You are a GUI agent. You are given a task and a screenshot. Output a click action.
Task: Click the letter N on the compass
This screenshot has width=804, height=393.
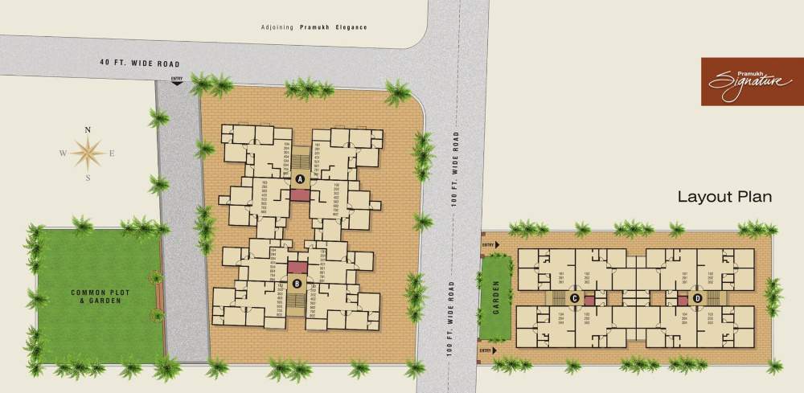88,129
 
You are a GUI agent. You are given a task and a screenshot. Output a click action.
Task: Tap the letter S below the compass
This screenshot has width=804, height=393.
88,178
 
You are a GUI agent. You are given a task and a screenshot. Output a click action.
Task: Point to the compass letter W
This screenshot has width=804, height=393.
61,153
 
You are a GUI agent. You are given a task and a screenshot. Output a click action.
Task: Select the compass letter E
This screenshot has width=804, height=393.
113,153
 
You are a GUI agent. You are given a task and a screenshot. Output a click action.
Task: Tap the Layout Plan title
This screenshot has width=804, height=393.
724,196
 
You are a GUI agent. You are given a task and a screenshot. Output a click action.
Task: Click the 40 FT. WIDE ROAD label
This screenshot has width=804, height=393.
139,63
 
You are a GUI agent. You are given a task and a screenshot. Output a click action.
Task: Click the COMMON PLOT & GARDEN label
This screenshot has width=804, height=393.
96,296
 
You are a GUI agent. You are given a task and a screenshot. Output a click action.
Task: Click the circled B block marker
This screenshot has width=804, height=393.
297,283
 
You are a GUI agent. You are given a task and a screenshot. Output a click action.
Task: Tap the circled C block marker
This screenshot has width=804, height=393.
575,299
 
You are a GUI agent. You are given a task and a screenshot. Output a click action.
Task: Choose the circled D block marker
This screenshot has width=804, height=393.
698,299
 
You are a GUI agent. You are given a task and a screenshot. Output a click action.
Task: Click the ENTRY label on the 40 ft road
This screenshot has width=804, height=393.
178,78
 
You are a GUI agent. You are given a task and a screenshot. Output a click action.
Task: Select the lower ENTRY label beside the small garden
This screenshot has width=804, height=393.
486,350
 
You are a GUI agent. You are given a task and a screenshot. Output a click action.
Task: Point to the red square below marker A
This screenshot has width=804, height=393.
299,195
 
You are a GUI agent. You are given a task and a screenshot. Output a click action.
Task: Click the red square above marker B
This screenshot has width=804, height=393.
297,267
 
